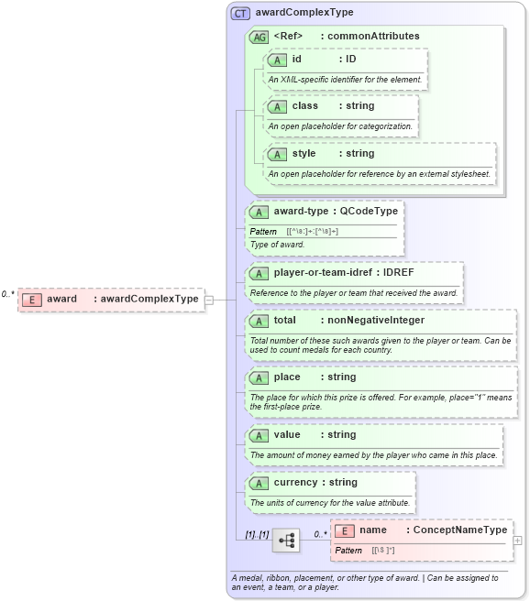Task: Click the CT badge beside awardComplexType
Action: pos(240,14)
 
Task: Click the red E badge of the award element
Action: pos(32,299)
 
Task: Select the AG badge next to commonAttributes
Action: pos(259,37)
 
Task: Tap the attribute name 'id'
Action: pos(296,60)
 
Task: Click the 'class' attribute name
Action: pos(304,106)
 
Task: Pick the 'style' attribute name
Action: pos(304,153)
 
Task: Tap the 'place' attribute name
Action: pos(286,377)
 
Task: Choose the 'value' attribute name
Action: pos(286,435)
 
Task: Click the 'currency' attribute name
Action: pos(294,483)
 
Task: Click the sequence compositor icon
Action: pos(286,540)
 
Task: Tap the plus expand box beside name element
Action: pos(518,541)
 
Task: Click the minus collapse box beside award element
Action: pos(210,299)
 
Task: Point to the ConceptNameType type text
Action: pos(460,530)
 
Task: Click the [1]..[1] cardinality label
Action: pos(256,533)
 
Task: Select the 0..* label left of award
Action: pos(8,294)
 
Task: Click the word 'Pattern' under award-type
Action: pos(263,231)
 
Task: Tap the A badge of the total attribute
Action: pos(259,322)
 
